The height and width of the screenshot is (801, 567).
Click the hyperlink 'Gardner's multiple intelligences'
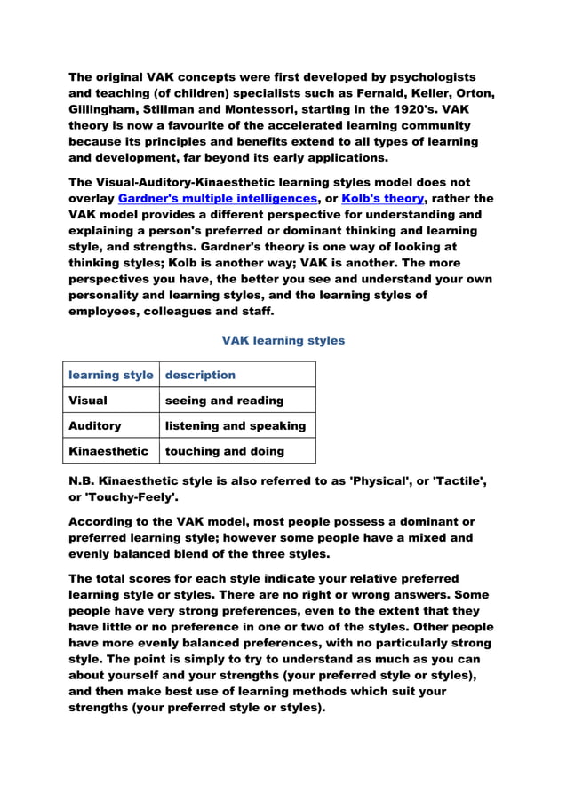(217, 199)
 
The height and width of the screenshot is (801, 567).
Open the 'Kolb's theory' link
(382, 199)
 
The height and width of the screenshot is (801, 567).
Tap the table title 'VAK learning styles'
(283, 340)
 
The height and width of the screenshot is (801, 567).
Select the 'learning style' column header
(111, 375)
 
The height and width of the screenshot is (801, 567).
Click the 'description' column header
(200, 375)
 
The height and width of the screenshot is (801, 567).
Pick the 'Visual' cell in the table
(88, 400)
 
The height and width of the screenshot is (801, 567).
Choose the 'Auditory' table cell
(95, 425)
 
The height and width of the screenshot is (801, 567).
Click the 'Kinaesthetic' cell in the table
(108, 451)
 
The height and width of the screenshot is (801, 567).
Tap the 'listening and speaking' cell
(236, 425)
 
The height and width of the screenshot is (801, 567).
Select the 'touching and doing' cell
(225, 451)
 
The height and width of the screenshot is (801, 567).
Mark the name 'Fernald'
(365, 94)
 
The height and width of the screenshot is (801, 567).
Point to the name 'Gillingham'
(104, 110)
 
